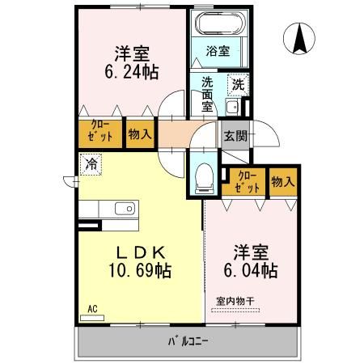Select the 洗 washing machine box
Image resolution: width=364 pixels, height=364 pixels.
pos(238,83)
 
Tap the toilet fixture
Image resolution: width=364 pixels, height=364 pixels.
pos(205,174)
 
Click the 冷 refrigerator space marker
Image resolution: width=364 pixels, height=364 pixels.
pos(88,163)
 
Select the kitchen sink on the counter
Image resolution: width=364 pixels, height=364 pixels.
pos(125,209)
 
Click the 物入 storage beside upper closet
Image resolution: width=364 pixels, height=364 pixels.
pos(139,133)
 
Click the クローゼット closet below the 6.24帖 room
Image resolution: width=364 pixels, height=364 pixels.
pos(100,133)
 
